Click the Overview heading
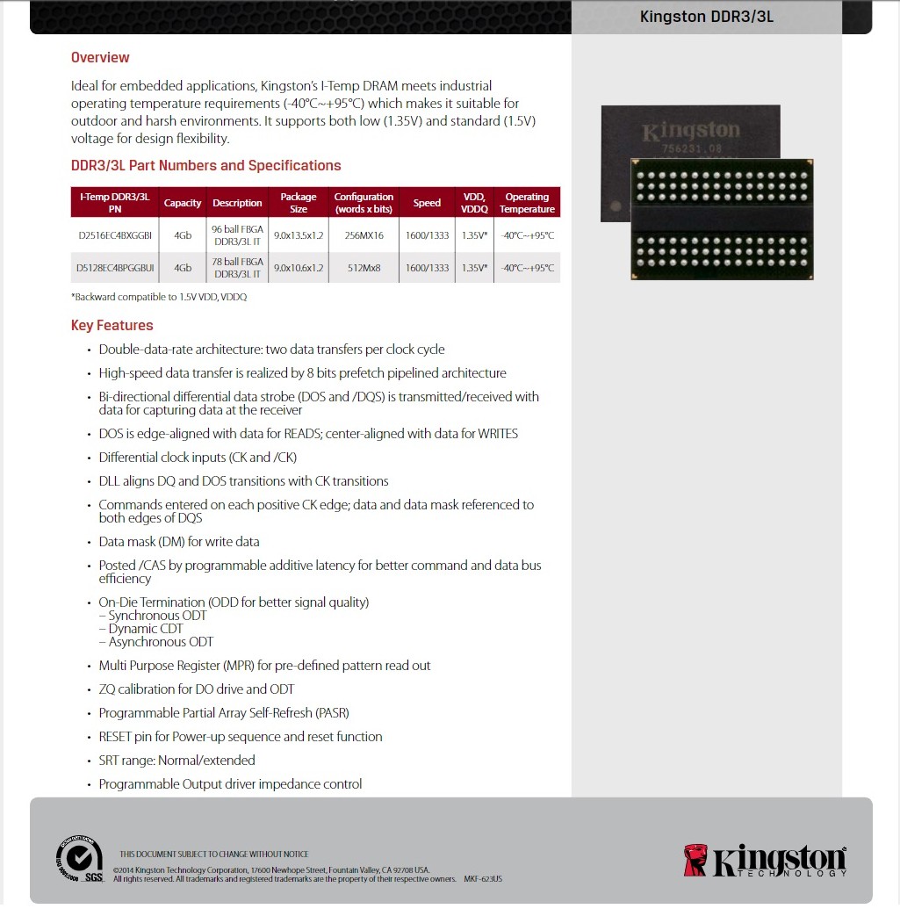[100, 58]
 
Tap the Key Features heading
[112, 325]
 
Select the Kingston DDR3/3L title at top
[706, 17]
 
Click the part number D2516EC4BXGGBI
[115, 235]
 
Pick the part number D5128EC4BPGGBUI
[115, 268]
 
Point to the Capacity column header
[183, 203]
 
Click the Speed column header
[427, 203]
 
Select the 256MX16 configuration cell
[364, 235]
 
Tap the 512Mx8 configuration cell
[364, 268]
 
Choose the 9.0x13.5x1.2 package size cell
[299, 235]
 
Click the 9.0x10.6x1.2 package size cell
[299, 268]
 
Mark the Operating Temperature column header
[527, 203]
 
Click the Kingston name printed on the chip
[691, 132]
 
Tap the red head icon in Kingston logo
[695, 860]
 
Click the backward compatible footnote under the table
[159, 298]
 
